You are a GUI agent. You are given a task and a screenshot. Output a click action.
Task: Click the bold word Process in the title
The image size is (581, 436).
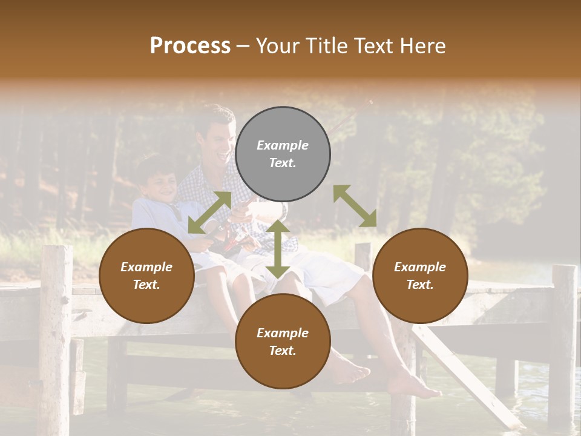(190, 46)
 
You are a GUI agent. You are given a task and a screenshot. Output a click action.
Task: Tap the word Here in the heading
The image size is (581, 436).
(422, 46)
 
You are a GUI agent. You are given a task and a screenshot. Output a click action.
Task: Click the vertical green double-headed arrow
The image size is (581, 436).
(278, 249)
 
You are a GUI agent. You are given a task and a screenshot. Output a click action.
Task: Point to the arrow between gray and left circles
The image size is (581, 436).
(209, 213)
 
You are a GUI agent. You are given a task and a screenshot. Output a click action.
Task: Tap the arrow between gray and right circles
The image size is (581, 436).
(355, 206)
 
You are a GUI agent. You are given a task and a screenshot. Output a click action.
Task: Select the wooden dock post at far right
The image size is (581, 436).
(563, 339)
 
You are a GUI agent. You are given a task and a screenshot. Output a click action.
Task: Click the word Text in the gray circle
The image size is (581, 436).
(283, 163)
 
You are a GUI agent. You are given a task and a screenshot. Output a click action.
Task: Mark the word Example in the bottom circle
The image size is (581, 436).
(283, 333)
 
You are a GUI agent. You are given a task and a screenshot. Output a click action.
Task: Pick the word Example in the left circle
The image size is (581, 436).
(146, 267)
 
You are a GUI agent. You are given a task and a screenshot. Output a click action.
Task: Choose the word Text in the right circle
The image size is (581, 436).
(420, 285)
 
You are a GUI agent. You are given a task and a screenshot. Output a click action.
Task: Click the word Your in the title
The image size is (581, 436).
(278, 46)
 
